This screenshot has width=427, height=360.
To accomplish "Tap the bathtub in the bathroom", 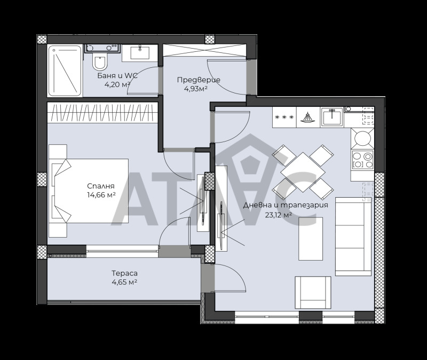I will coord(65,71).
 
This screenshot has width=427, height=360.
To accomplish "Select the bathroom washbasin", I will coord(141,53).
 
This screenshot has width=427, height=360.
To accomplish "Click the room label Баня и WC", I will coord(117,76).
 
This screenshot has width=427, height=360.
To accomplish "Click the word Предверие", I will coord(199,80).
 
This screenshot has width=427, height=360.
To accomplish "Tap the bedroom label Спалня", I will coord(101,186).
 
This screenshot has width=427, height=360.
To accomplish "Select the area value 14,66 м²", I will coord(101,195).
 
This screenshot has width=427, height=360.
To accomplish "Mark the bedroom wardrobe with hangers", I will coord(101,113).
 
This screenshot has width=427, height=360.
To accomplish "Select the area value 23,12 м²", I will coord(278,215).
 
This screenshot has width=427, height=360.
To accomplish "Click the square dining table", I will coord(302,171).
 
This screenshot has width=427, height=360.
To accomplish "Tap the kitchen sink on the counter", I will coord(331,116).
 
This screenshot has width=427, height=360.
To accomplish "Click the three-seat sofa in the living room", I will coord(352,236).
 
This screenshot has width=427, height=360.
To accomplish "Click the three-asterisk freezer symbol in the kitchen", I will coord(283,117).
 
